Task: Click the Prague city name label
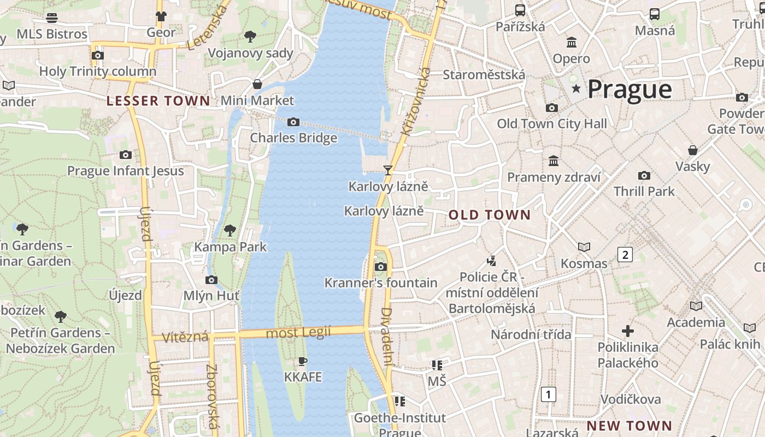click(x=629, y=89)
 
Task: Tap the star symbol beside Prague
click(x=576, y=88)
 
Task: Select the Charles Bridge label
click(x=293, y=138)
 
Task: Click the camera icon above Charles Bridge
click(x=293, y=122)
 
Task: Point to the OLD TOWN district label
click(x=490, y=215)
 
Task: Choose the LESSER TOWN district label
click(x=158, y=101)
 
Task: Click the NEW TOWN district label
click(x=629, y=426)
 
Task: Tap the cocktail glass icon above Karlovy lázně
click(x=388, y=170)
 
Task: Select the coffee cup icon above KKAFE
click(x=303, y=361)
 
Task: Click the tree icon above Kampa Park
click(x=230, y=230)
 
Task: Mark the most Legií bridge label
click(x=298, y=333)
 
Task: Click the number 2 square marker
click(x=625, y=254)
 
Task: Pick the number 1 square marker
click(x=549, y=394)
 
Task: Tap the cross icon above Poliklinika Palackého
click(x=628, y=331)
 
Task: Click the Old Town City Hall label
click(x=552, y=124)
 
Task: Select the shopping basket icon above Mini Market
click(x=257, y=84)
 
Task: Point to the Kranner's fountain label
click(x=381, y=283)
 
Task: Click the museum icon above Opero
click(x=572, y=42)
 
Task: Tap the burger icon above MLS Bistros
click(x=52, y=17)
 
